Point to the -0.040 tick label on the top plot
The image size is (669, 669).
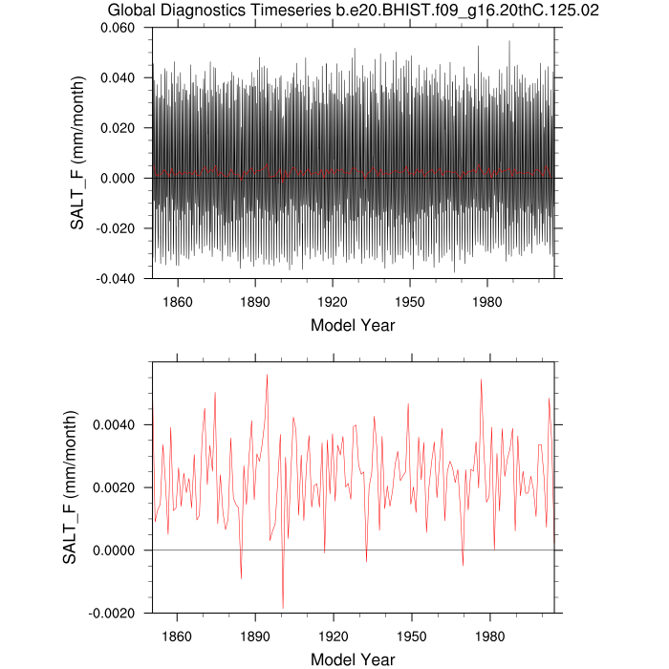click(119, 278)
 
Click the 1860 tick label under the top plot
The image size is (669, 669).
click(178, 301)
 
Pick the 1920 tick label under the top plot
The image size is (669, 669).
click(333, 301)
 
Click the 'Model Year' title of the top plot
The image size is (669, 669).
click(353, 325)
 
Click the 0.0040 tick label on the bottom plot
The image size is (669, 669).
click(118, 424)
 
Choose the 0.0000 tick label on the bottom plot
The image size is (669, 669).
click(118, 550)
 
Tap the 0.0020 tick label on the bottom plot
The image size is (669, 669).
click(118, 487)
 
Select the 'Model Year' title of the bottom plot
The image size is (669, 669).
click(353, 658)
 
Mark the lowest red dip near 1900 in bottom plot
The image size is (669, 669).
click(283, 608)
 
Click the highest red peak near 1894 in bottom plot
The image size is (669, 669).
click(267, 375)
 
